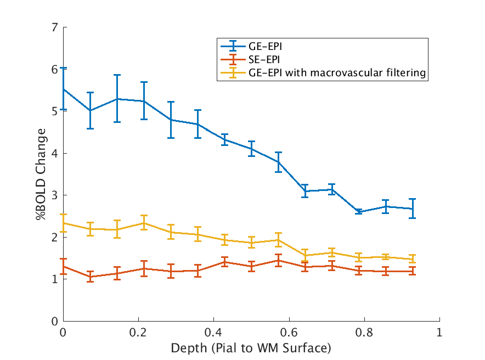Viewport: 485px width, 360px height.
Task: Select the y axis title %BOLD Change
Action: pyautogui.click(x=42, y=175)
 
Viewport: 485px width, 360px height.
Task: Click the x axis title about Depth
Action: pyautogui.click(x=251, y=348)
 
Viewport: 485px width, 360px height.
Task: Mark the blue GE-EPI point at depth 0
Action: pyautogui.click(x=64, y=89)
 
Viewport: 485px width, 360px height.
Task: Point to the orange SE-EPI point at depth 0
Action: pyautogui.click(x=64, y=266)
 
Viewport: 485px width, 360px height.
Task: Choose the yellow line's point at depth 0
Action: pyautogui.click(x=64, y=223)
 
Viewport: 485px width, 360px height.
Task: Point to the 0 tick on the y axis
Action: pyautogui.click(x=64, y=321)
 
